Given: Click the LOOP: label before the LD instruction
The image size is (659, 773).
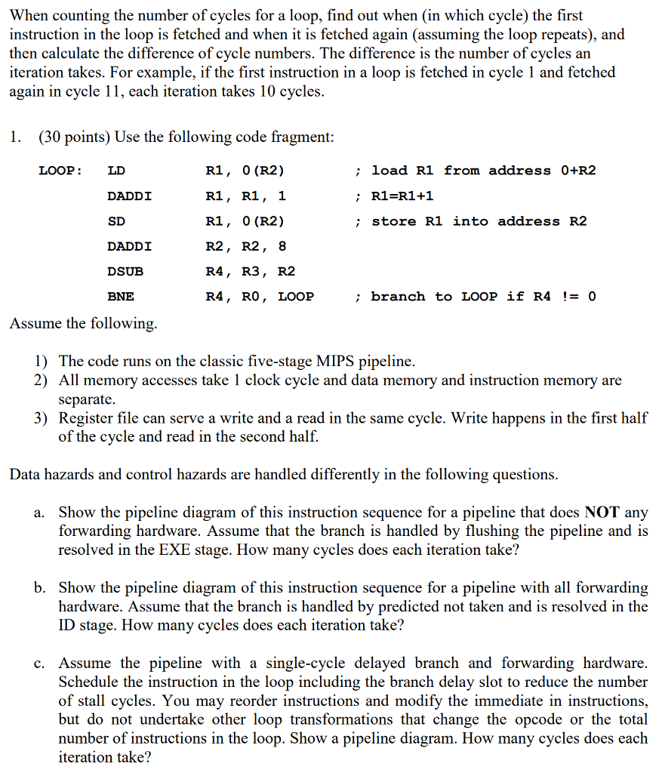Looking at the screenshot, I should [60, 171].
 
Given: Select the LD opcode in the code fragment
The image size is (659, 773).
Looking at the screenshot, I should [116, 171].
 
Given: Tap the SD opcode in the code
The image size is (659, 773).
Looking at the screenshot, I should [116, 221].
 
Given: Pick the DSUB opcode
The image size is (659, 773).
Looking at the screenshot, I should [125, 271].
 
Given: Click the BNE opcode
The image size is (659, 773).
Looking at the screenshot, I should [121, 297].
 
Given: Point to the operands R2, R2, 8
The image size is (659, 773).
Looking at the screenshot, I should [246, 246].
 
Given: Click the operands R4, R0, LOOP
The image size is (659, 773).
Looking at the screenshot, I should [260, 297].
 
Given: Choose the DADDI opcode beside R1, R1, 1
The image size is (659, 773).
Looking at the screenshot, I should [129, 196].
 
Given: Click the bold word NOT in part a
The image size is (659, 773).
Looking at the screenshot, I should [602, 513].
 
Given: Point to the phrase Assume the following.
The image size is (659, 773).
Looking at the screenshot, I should [83, 324].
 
